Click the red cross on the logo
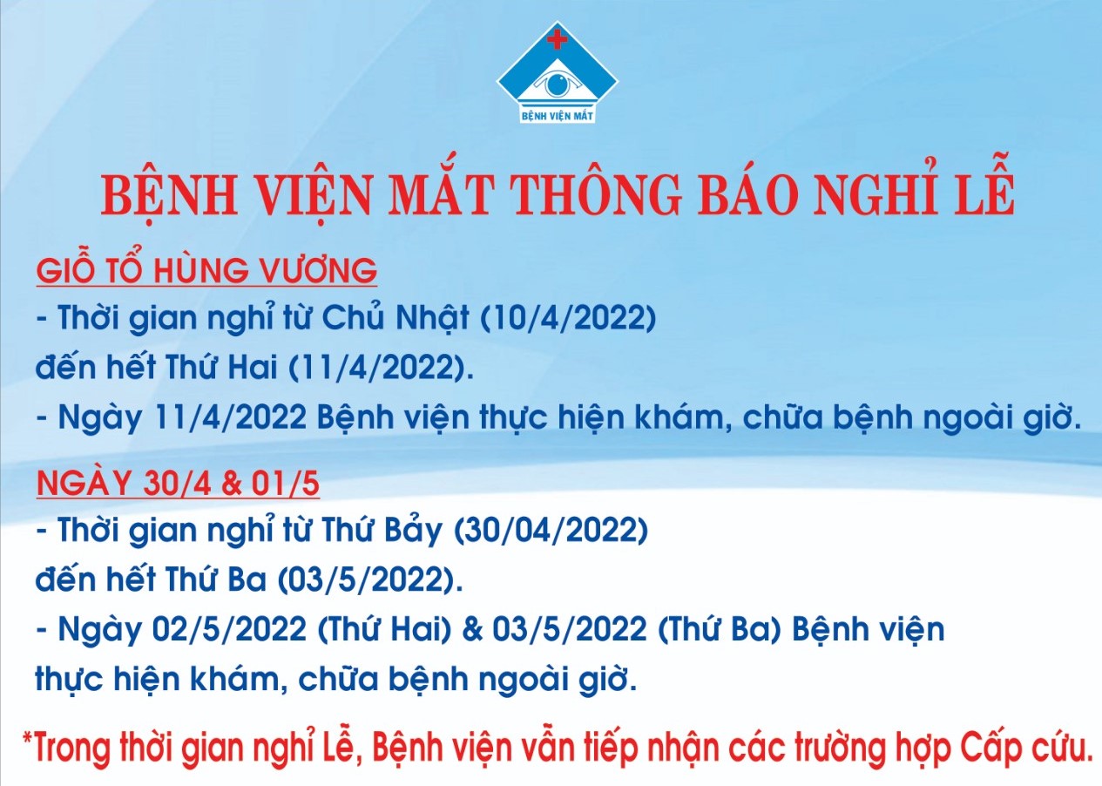pos(558,39)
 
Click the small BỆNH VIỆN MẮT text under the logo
pos(557,117)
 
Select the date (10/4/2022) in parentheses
pos(568,318)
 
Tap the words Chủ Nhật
pos(395,317)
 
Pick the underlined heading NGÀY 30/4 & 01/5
pos(178,484)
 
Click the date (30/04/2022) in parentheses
pos(550,531)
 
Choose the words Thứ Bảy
pos(382,532)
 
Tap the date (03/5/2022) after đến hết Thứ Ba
pos(370,580)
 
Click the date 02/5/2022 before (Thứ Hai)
pos(229,630)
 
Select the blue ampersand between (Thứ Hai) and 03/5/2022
pos(473,631)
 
